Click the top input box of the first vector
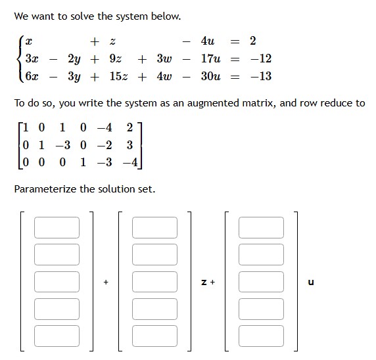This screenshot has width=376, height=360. [57, 227]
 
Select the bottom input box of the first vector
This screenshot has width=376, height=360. [57, 335]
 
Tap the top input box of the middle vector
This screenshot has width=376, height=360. [154, 227]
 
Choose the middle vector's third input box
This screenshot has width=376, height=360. [154, 281]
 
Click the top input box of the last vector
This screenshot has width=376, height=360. [261, 227]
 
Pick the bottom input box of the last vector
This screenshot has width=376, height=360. [261, 335]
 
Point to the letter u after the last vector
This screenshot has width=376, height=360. [311, 282]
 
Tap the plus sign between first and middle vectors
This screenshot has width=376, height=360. [105, 282]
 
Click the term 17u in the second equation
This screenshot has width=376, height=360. [210, 59]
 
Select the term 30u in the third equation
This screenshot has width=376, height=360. [210, 76]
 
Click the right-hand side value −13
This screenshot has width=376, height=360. [260, 76]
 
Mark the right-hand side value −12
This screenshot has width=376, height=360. [260, 59]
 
